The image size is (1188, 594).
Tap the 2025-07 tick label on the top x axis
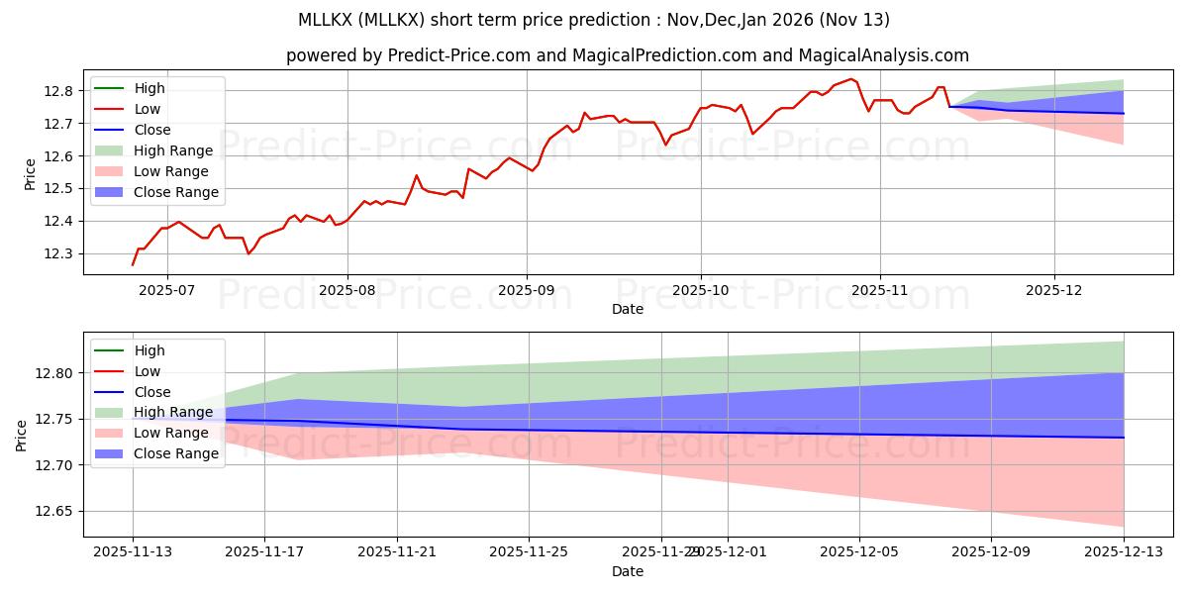click(166, 291)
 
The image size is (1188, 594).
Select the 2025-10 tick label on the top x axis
click(701, 291)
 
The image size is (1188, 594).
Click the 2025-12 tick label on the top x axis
click(1054, 291)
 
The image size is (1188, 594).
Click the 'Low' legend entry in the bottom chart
click(148, 371)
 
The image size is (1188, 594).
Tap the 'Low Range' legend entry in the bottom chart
click(163, 433)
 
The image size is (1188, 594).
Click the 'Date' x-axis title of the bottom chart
click(628, 571)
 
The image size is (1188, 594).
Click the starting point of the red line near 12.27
click(133, 264)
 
